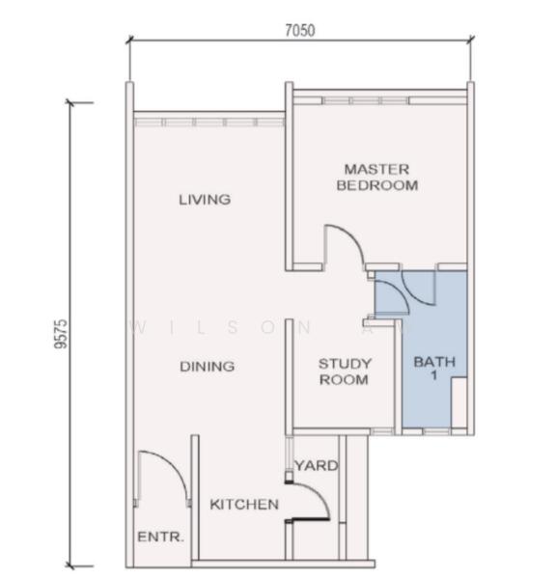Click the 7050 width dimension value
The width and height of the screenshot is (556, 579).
(300, 31)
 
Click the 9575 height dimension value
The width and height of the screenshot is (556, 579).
(61, 334)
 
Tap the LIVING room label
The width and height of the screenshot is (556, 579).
(205, 200)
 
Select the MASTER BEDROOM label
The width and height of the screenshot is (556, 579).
(377, 178)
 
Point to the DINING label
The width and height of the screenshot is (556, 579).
(207, 367)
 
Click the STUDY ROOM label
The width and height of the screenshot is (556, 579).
(345, 372)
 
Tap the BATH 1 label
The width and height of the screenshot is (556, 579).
(434, 368)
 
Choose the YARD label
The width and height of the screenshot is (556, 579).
(317, 466)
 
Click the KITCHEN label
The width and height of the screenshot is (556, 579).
(244, 505)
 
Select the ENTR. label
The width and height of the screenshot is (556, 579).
(160, 537)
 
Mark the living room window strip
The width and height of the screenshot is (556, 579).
(209, 123)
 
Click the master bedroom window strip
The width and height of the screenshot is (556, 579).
(379, 100)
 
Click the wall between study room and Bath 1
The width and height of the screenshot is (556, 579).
(398, 376)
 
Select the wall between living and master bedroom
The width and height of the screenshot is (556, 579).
(290, 177)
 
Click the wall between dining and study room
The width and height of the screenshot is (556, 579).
(290, 376)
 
